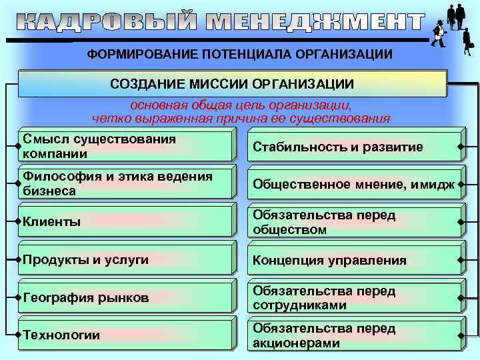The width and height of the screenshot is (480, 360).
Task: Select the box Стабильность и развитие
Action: click(x=353, y=147)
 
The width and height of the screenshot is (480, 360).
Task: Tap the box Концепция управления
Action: click(x=353, y=260)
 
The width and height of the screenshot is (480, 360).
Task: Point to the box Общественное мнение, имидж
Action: click(x=353, y=184)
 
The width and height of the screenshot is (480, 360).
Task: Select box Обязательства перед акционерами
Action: click(x=353, y=335)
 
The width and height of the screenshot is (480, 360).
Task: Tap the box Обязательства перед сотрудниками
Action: click(x=353, y=298)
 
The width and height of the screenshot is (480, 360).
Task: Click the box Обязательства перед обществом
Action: click(x=353, y=222)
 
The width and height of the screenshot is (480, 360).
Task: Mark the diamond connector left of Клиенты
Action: click(x=19, y=221)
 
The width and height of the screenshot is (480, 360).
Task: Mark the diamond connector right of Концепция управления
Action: click(x=461, y=260)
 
